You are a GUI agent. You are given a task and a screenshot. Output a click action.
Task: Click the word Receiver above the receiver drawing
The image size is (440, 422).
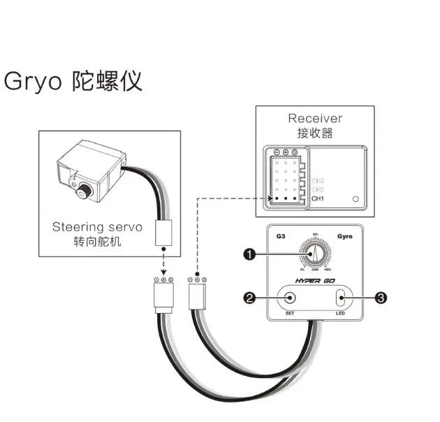point(315,118)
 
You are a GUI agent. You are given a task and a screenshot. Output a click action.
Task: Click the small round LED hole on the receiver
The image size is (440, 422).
point(356,199)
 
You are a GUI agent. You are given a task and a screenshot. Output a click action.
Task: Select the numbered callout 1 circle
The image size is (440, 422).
point(249,254)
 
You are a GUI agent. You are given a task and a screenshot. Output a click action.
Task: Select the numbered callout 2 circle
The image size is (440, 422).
point(249,298)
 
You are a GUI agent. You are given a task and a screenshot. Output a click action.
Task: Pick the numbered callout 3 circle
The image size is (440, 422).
point(381,298)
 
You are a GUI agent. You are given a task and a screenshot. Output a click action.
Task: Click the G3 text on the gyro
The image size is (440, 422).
point(281,236)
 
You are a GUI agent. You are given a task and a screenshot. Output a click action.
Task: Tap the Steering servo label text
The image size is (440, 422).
point(97,227)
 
